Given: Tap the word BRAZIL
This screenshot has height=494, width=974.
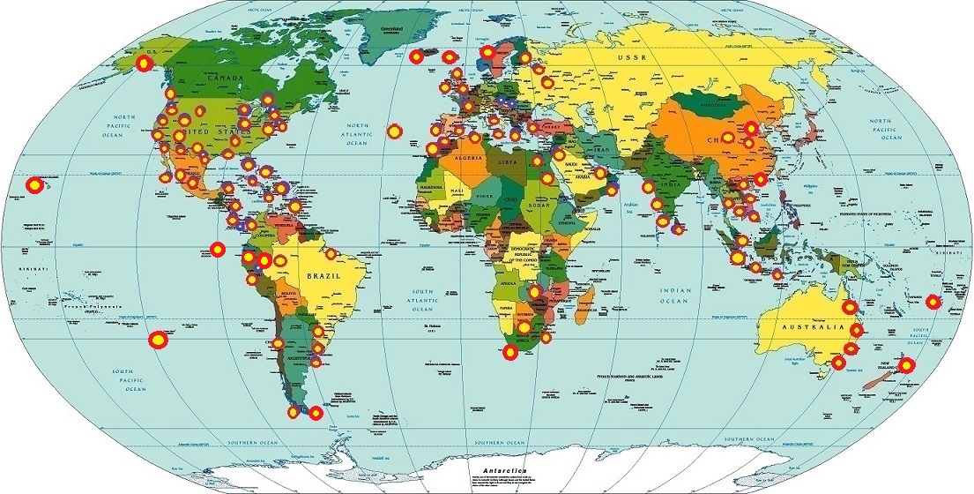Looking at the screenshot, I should click(323, 275).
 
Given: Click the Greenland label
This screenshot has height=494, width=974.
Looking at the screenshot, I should click(390, 28).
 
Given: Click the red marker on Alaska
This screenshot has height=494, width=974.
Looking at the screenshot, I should click(143, 64).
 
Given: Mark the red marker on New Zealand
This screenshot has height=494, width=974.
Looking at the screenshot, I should click(907, 365).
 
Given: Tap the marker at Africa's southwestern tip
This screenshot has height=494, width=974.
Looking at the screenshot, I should click(509, 353).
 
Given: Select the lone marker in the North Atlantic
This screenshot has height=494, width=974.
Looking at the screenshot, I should click(395, 131).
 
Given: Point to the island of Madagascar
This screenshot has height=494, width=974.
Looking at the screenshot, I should click(583, 302).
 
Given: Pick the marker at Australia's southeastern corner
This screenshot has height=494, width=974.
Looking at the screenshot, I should click(838, 363).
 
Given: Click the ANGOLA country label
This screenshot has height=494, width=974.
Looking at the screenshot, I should click(509, 284).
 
